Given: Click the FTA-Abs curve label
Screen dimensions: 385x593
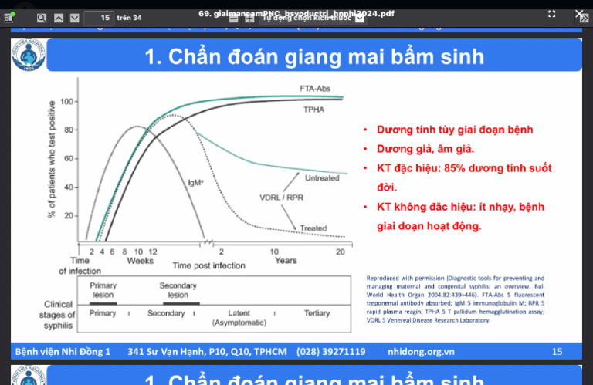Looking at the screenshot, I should (314, 89).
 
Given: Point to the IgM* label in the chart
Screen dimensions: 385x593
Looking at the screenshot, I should (195, 183).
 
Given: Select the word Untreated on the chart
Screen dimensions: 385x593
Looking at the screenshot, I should (322, 178).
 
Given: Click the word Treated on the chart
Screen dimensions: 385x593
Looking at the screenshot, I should (313, 228).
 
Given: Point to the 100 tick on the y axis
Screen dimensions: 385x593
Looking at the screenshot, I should (66, 101).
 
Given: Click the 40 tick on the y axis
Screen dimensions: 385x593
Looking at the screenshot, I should (69, 187).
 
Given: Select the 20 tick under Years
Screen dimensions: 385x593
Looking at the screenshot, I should (340, 252).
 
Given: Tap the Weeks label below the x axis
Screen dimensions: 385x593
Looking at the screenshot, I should (140, 260).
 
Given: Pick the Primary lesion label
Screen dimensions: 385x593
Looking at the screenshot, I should (103, 290).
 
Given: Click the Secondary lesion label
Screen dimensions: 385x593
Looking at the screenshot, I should (178, 290).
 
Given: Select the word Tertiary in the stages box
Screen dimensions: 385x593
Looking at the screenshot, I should (317, 313).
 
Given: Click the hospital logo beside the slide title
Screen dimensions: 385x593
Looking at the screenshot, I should (29, 55).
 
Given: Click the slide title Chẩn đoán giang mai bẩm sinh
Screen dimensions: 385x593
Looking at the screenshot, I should (314, 56).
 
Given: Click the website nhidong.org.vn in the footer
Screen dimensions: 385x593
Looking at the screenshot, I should (421, 352).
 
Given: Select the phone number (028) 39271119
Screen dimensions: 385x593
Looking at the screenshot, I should (330, 352).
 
